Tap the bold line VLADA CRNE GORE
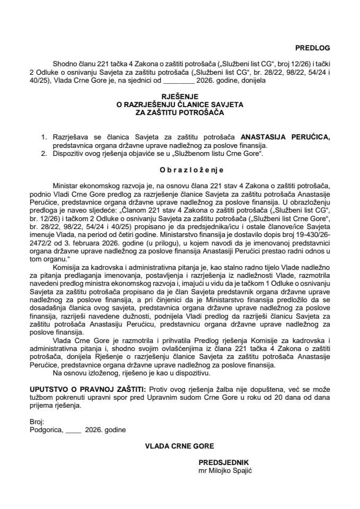[180, 446]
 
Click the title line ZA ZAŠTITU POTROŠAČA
[180, 112]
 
